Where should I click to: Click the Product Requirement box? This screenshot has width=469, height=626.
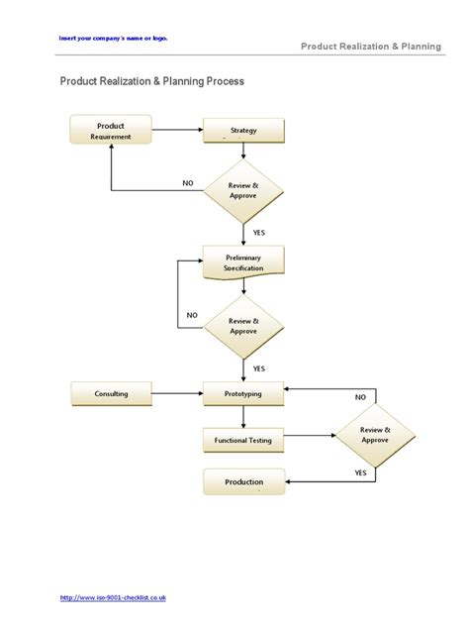[x=111, y=130]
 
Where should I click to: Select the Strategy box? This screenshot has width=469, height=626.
[x=243, y=131]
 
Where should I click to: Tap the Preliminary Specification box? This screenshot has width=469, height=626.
[x=243, y=261]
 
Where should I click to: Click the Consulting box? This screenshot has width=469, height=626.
[x=111, y=394]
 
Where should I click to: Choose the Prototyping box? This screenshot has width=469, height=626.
[x=243, y=394]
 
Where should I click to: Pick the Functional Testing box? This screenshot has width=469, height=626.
[x=243, y=439]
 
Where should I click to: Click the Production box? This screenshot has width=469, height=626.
[x=243, y=482]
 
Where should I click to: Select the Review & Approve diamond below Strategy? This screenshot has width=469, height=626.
[x=243, y=190]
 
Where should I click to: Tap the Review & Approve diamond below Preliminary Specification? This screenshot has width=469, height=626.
[x=243, y=326]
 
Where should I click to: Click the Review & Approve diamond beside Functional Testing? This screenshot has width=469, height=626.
[x=374, y=435]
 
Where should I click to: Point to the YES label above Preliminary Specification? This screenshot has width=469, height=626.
[x=259, y=233]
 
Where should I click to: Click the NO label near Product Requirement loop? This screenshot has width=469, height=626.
[x=188, y=182]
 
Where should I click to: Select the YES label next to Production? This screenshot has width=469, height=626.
[x=361, y=473]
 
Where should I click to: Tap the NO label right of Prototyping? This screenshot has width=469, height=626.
[x=360, y=397]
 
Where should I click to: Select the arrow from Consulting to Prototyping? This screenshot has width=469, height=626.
[x=178, y=394]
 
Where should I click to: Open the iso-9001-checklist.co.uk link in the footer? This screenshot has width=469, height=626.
[x=113, y=597]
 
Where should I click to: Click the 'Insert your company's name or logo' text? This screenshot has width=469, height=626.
[x=113, y=38]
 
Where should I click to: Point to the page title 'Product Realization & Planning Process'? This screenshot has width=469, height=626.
[x=152, y=81]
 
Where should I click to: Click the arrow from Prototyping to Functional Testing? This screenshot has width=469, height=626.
[x=243, y=417]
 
